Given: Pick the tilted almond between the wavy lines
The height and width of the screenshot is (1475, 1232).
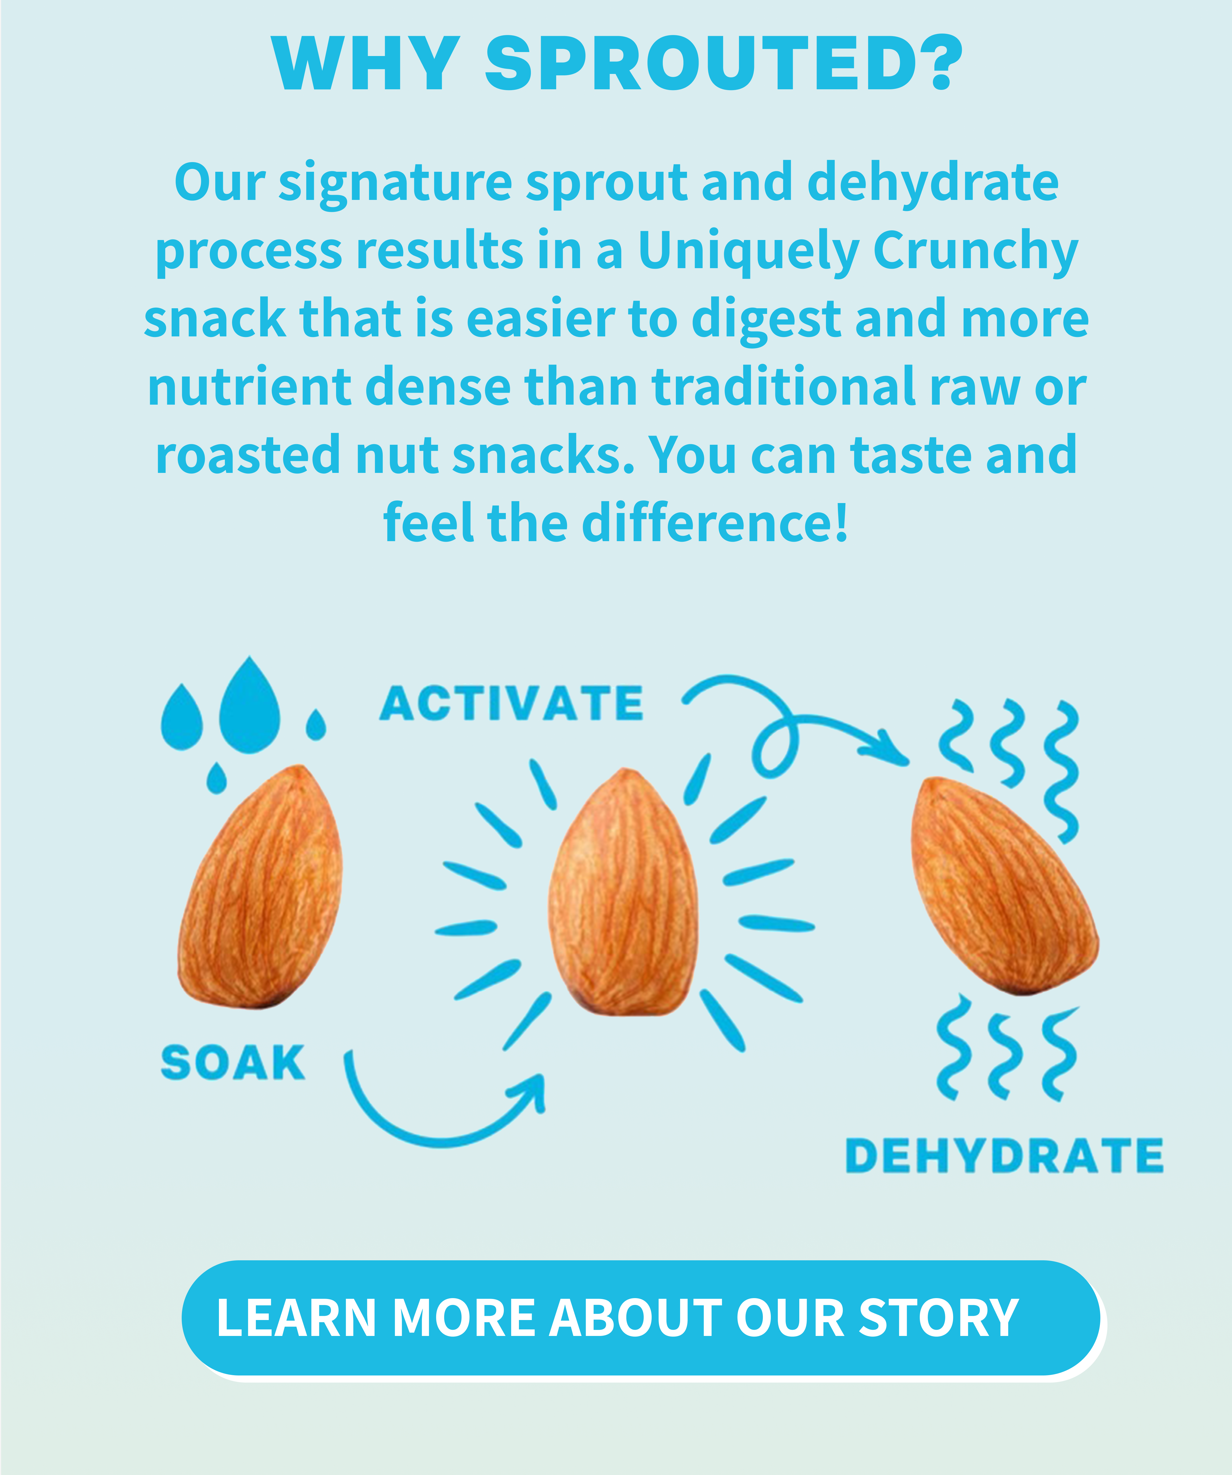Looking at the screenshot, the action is (x=1005, y=886).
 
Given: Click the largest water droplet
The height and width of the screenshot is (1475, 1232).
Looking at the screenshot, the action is (x=249, y=706).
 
